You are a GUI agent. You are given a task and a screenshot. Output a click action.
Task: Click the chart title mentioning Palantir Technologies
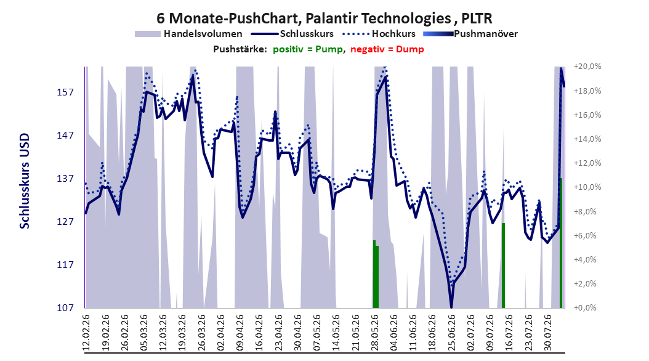(324, 18)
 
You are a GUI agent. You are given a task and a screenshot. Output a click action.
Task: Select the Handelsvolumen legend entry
(188, 34)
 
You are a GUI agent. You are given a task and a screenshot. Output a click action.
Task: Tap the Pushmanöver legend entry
(470, 34)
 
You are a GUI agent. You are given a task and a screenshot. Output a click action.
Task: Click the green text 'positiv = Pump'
(308, 49)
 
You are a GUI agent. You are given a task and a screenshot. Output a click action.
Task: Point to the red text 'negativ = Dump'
(387, 49)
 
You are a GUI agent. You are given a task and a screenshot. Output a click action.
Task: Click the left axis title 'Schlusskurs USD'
(25, 181)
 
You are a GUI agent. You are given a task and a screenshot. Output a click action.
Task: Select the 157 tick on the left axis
(65, 92)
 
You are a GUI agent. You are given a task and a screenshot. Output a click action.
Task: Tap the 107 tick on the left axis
(65, 307)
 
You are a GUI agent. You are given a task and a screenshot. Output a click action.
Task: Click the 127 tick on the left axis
(65, 222)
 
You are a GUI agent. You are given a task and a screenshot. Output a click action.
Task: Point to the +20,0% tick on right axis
(587, 67)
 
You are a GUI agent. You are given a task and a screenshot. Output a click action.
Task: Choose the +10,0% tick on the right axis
(587, 187)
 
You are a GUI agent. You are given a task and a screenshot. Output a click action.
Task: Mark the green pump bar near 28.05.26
(376, 275)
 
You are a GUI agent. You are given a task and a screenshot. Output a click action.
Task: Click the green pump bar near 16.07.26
(503, 266)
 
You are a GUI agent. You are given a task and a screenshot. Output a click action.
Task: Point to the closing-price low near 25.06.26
(451, 307)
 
